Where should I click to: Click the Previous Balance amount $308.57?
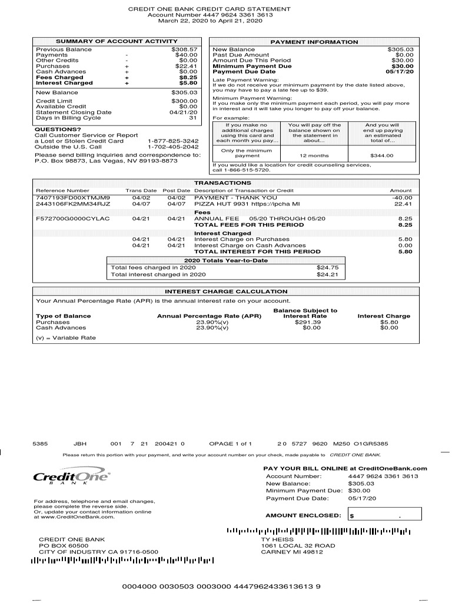click(184, 49)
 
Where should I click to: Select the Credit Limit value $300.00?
click(184, 101)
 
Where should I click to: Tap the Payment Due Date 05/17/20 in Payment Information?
click(400, 72)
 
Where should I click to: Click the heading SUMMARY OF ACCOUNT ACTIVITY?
click(116, 42)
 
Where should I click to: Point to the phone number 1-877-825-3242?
click(173, 141)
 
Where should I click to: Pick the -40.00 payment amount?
click(402, 198)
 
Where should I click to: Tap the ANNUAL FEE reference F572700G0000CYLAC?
click(73, 218)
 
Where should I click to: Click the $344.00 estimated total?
click(382, 155)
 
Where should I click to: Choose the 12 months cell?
click(314, 155)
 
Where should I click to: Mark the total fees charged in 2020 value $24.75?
click(327, 267)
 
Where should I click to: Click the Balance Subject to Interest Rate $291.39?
click(308, 322)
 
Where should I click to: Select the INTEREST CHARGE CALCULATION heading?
click(226, 291)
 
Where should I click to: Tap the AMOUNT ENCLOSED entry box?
click(383, 516)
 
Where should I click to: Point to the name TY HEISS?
click(277, 539)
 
